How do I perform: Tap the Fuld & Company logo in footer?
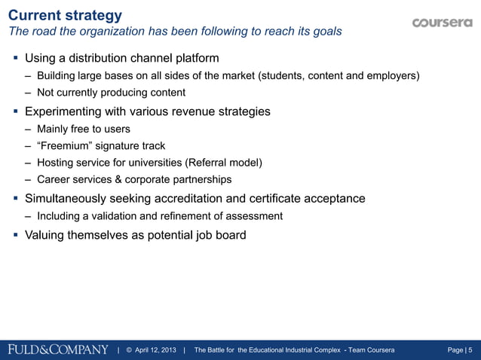58,349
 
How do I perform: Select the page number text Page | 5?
459,350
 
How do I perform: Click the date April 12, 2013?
156,350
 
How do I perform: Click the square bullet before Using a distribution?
15,58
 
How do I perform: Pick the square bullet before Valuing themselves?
15,235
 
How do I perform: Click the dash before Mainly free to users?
28,129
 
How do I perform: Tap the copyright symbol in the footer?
129,350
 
